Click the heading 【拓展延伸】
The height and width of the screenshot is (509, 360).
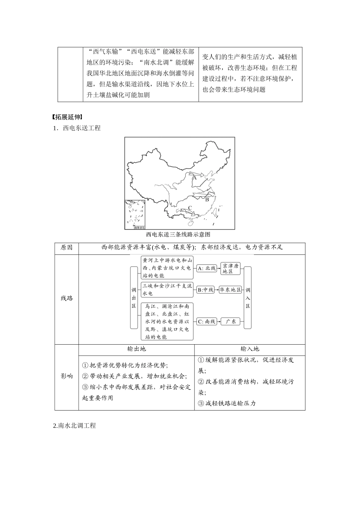tap(68, 117)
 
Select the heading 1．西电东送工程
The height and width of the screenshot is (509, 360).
tap(77, 128)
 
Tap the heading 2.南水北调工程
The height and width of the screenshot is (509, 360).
tap(75, 426)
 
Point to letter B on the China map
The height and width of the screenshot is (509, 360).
tap(207, 199)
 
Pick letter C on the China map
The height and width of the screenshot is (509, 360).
tap(190, 208)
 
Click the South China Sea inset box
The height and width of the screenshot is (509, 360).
tap(135, 215)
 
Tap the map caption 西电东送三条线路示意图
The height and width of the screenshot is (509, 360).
tap(178, 234)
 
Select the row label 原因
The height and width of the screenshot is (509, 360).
tap(67, 248)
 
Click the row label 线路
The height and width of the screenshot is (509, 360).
tap(67, 298)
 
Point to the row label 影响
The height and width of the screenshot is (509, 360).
tap(67, 376)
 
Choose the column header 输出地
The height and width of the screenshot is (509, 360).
tap(136, 349)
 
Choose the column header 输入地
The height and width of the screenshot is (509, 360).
tap(250, 349)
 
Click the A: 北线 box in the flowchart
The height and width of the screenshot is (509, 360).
tap(207, 268)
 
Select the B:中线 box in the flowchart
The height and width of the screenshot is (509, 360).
tap(206, 290)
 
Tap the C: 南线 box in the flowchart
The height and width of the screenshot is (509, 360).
tap(207, 321)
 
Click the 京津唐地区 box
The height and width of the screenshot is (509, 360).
tap(231, 268)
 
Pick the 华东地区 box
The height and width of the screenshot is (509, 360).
tap(230, 290)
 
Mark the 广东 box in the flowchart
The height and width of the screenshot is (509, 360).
tap(231, 321)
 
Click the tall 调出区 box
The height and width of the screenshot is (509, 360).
tap(134, 297)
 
